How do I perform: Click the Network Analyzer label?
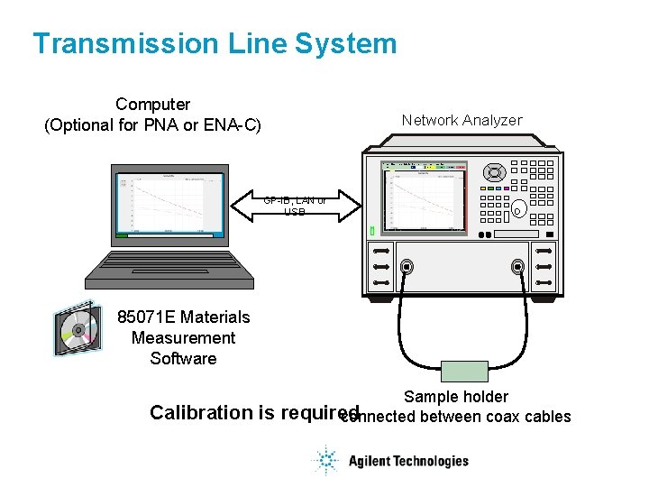[x=462, y=120]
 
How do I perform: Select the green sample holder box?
[x=464, y=372]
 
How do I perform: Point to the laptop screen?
[x=169, y=204]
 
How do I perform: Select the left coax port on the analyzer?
[x=407, y=267]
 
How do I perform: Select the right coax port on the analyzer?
[x=517, y=267]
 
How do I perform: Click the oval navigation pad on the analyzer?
[x=493, y=171]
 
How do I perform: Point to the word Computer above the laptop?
[x=153, y=105]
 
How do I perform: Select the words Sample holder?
[x=456, y=397]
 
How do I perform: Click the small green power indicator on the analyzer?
[x=372, y=232]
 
